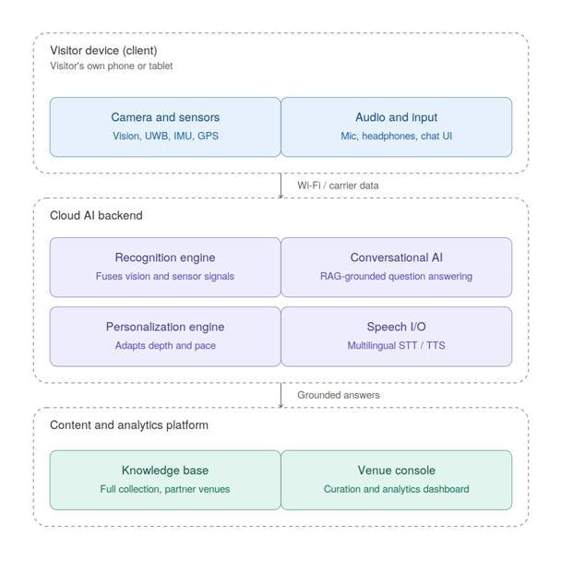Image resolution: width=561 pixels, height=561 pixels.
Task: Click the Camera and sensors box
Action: pos(165,127)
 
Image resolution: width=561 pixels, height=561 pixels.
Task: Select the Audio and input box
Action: pos(397,127)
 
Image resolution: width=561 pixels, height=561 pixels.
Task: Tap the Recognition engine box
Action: pos(165,268)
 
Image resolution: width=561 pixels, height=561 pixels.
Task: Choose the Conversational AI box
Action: pos(397,268)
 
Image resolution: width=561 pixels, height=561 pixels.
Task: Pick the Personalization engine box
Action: pos(165,336)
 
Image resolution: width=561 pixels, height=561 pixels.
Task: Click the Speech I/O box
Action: pos(397,336)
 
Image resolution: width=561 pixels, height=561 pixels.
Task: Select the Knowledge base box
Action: pos(165,480)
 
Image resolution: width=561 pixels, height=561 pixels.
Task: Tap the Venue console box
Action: pos(397,480)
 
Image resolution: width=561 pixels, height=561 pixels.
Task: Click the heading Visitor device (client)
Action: pos(103,51)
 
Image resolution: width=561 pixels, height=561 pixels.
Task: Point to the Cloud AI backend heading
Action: pos(96,215)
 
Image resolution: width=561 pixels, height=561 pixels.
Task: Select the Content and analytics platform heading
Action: pos(129,425)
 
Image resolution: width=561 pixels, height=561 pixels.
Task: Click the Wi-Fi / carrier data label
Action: pos(338,185)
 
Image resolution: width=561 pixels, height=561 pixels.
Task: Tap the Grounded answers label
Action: pos(338,395)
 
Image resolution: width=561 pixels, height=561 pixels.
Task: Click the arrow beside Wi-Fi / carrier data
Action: pos(280,185)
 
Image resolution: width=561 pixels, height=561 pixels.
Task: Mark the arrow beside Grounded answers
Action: pos(280,395)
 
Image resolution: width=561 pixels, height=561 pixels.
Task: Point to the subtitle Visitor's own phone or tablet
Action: pos(112,66)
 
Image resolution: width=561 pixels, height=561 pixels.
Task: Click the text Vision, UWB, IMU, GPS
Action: pos(165,136)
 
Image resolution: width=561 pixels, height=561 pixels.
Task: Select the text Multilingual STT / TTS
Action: pos(397,346)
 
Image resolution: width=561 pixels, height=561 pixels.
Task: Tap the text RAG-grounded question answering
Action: pos(397,276)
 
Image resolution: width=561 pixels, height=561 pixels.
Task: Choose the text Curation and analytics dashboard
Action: pos(397,489)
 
